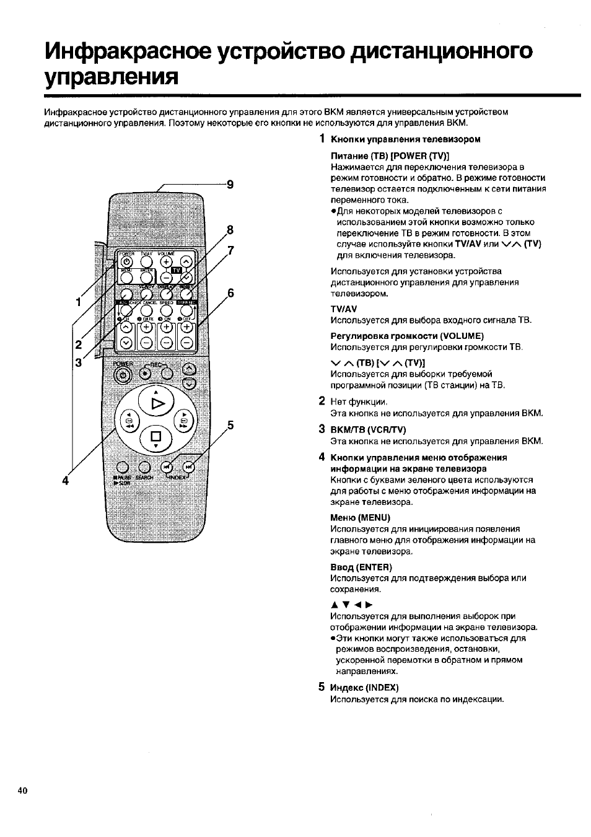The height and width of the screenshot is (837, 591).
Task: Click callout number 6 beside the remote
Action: (x=230, y=293)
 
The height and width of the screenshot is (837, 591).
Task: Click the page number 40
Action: (x=23, y=791)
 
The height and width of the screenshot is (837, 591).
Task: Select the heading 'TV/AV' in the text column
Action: (x=344, y=309)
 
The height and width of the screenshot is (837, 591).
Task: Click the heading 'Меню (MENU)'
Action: (x=360, y=517)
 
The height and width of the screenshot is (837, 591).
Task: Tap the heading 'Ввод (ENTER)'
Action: (x=362, y=567)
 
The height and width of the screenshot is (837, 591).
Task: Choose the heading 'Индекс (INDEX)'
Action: (x=364, y=687)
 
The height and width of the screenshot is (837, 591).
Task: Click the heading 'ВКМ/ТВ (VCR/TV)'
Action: (x=368, y=429)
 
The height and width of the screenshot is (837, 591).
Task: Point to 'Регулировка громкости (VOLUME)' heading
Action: (x=407, y=336)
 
